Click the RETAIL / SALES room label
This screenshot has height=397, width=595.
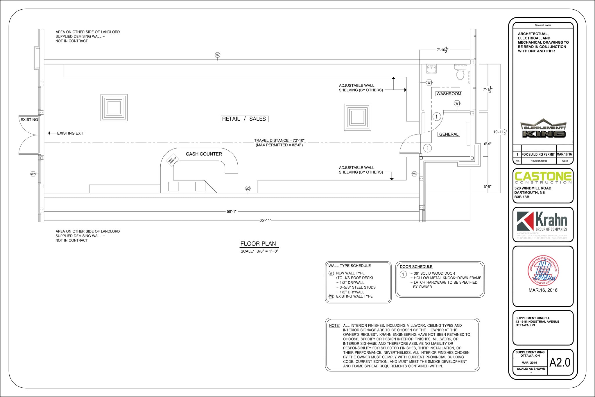pos(244,119)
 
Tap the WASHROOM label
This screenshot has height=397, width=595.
pos(449,94)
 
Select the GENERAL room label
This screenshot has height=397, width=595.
pos(449,134)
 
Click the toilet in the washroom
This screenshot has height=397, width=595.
pos(460,73)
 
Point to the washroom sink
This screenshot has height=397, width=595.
pos(431,69)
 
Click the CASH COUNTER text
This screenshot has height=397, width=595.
pos(204,154)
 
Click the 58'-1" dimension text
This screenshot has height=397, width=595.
pos(232,212)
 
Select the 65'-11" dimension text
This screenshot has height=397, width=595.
pos(265,220)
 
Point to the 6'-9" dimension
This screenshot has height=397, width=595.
pos(488,144)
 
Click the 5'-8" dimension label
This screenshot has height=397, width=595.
pos(488,187)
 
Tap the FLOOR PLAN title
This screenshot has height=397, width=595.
pos(258,244)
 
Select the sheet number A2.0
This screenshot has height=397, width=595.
pos(560,362)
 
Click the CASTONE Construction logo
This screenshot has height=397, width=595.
pos(543,178)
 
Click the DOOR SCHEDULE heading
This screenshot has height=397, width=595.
pos(416,267)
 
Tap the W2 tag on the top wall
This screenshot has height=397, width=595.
pos(217,55)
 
